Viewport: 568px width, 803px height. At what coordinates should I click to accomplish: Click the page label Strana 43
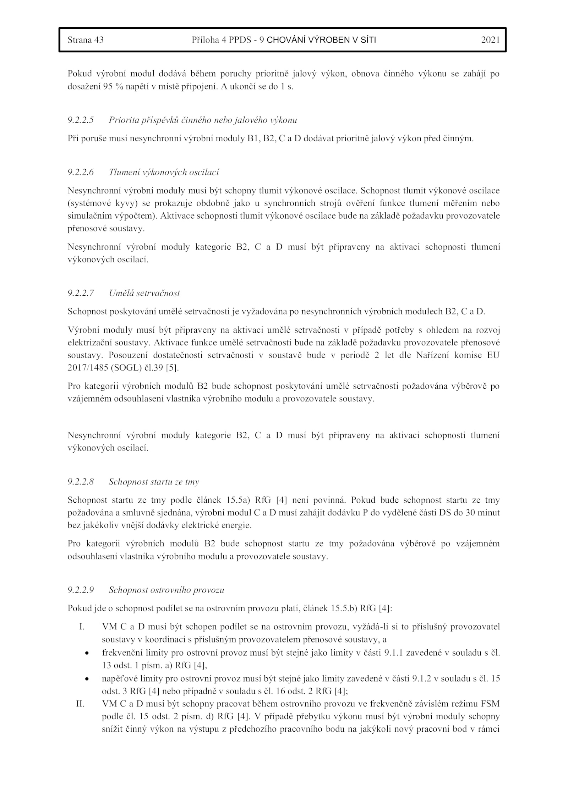86,40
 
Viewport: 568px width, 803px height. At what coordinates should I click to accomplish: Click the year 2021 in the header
490,40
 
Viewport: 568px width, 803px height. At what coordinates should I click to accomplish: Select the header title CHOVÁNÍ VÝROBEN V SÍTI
321,40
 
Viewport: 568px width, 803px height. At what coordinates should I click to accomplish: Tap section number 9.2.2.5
81,120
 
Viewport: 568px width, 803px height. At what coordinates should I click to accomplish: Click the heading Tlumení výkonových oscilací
164,172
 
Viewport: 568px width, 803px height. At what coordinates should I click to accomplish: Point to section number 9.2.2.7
81,293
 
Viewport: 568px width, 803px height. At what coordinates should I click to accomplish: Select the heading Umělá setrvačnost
144,293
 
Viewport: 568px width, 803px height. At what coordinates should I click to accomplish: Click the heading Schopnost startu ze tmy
154,482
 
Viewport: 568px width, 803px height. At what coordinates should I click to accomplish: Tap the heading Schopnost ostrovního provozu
166,590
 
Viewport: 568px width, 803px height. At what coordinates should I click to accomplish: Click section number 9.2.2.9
81,590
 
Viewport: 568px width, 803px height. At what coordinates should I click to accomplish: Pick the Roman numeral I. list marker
82,627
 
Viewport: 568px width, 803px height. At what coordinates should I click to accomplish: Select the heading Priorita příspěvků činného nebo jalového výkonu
203,120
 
